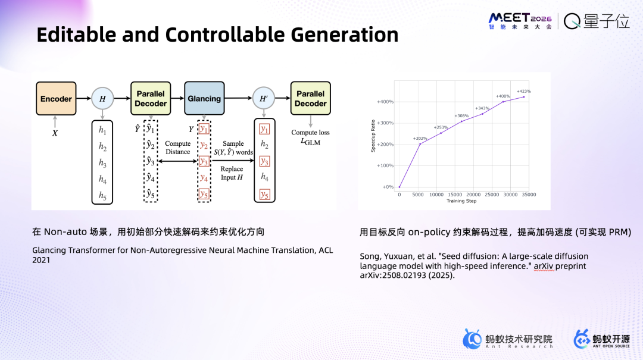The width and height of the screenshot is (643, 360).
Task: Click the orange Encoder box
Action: click(x=56, y=98)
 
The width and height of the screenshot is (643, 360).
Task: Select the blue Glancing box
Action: click(x=204, y=98)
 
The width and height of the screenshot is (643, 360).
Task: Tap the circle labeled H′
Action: click(x=264, y=98)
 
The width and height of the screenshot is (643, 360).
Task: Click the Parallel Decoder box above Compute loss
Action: click(x=310, y=98)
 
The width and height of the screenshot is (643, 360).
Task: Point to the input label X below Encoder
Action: click(x=55, y=133)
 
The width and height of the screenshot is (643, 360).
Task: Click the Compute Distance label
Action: click(x=177, y=148)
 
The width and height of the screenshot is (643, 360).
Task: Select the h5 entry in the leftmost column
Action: click(x=102, y=196)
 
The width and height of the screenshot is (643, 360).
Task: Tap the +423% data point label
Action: click(x=524, y=92)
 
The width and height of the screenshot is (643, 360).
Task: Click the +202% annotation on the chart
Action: click(x=420, y=139)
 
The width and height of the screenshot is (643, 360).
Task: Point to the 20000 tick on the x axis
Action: click(x=473, y=195)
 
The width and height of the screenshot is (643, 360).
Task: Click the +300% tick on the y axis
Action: click(x=385, y=123)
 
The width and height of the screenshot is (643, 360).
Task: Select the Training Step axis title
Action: click(x=461, y=201)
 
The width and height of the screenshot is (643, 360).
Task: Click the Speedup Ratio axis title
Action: click(x=373, y=136)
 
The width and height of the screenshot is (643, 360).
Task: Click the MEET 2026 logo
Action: click(x=520, y=21)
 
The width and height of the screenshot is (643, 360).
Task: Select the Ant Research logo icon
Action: click(x=472, y=339)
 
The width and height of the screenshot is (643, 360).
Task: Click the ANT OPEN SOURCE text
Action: click(x=611, y=346)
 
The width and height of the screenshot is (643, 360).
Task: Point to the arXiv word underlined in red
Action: click(x=544, y=266)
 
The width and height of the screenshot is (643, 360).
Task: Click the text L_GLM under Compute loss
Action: click(x=310, y=142)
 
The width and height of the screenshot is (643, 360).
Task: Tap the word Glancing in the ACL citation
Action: click(x=49, y=251)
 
